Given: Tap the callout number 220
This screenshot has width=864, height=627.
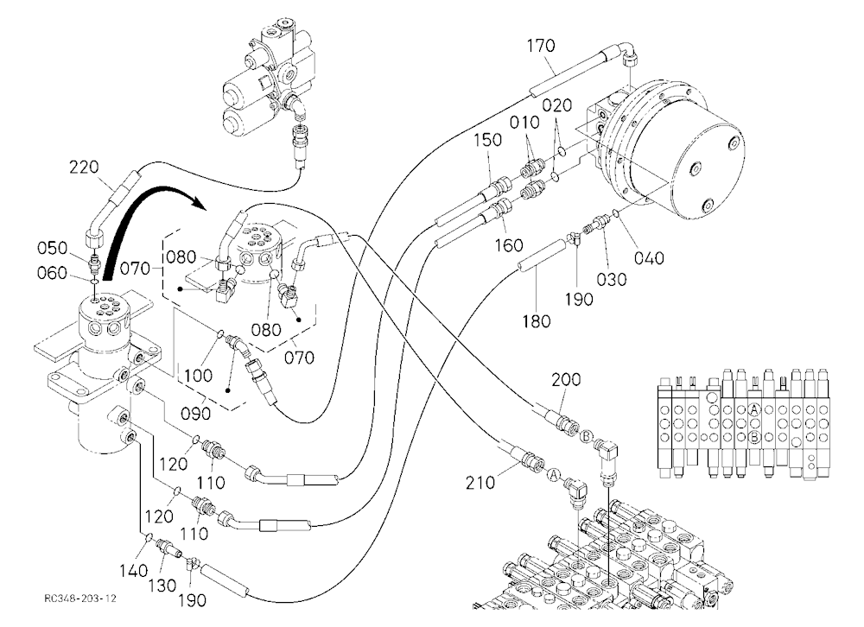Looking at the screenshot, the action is point(84,167).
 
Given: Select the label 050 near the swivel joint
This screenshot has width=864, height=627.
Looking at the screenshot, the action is point(52,248).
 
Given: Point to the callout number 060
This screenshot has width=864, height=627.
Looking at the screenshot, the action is point(52,273).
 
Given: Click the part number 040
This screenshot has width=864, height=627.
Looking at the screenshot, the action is point(649,257).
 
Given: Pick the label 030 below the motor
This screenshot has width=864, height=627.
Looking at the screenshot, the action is point(612,279).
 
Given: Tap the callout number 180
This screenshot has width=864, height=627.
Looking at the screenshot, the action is point(537,320).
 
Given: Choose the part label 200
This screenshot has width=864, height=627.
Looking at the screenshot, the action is point(566,380).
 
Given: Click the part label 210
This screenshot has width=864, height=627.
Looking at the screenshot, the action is point(480,483).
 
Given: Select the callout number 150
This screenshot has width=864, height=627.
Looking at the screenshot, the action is point(487,140).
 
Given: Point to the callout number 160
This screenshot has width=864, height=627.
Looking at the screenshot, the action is point(508,244).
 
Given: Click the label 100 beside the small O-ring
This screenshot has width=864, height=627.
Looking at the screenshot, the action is point(198,375).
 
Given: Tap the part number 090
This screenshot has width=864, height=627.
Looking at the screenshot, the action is point(196,413).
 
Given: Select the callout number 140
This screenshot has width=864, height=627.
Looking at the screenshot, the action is point(133,570).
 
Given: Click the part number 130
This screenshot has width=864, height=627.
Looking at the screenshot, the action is point(162,586).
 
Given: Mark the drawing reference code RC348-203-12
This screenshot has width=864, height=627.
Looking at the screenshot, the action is point(80,598).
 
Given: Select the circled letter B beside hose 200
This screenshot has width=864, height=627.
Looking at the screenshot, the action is point(586,437).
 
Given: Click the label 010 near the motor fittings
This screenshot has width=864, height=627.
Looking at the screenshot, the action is point(524,123).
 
